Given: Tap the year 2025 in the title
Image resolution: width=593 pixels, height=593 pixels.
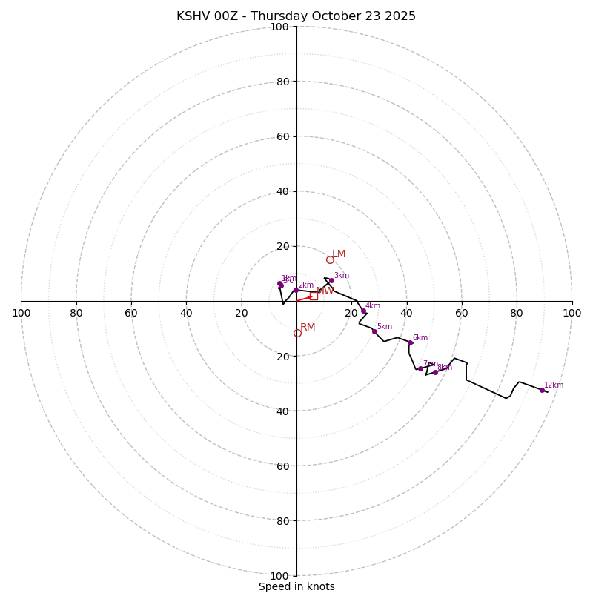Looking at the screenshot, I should click(400, 16).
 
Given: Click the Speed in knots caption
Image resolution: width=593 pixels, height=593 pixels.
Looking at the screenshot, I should click(296, 586).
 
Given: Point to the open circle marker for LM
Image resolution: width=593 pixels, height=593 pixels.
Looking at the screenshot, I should click(330, 259).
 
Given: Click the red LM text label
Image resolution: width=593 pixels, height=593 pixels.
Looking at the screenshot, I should click(339, 254).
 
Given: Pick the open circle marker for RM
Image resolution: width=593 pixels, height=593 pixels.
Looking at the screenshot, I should click(297, 333).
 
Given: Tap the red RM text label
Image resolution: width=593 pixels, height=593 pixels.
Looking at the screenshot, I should click(308, 328).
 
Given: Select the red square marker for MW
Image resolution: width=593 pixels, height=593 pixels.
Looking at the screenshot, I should click(314, 296).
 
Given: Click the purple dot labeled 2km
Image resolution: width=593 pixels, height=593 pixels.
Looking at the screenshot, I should click(296, 290).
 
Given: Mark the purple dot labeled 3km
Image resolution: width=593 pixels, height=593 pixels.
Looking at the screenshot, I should click(331, 280).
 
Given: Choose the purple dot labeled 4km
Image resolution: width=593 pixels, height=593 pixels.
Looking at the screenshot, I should click(363, 311).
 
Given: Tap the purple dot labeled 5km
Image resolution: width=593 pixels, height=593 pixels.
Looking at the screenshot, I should click(374, 331).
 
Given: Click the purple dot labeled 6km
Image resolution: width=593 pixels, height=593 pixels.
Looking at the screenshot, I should click(410, 342).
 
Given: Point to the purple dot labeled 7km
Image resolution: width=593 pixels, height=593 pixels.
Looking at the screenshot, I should click(420, 368).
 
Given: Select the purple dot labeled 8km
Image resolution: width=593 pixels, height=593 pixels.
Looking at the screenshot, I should click(435, 372).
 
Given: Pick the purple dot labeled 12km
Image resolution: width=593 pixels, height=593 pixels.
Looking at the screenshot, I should click(542, 390).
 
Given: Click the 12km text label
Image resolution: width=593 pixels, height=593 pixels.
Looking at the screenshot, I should click(554, 385).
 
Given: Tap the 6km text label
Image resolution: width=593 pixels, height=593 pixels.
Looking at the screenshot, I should click(420, 338).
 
